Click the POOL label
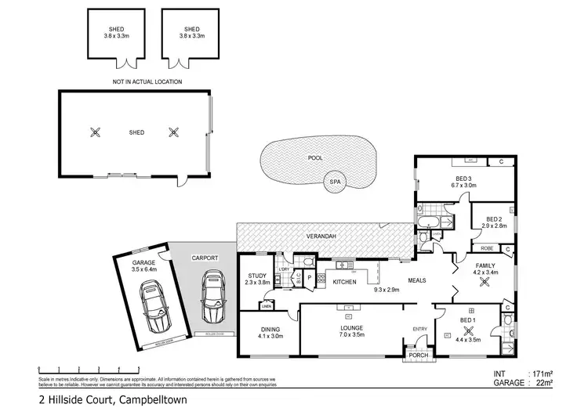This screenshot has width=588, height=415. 316,158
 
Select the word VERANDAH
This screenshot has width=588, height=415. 321,236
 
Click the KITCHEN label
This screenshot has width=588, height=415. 345,281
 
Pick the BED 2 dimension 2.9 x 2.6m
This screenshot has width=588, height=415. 493,226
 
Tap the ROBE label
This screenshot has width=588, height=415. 486,248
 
